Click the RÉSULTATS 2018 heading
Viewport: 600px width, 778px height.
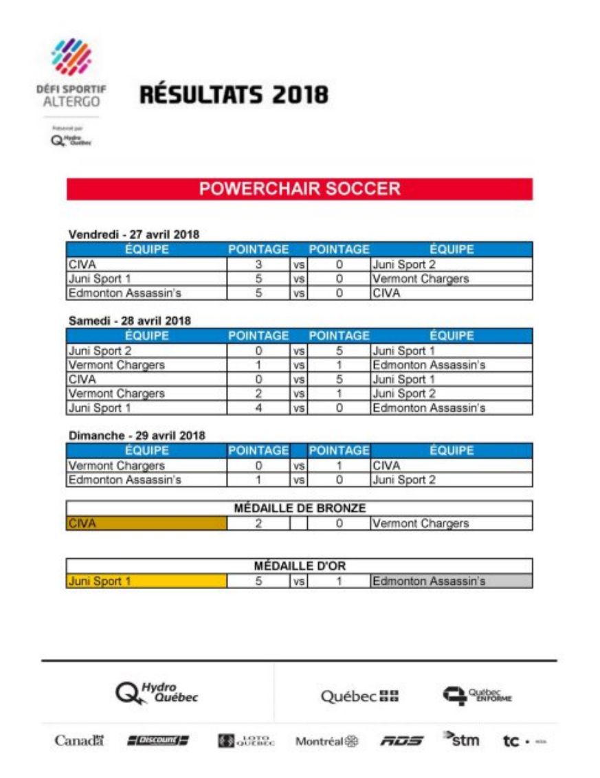234,95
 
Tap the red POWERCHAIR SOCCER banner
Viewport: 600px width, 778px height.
299,189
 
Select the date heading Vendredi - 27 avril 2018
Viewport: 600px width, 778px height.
134,234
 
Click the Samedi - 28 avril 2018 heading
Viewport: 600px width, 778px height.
130,320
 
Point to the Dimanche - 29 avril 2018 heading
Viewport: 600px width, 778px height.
137,435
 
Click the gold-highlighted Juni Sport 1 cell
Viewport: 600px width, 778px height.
146,581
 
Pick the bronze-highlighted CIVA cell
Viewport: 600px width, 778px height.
146,524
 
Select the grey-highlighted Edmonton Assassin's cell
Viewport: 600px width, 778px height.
451,581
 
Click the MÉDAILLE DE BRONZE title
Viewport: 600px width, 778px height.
299,509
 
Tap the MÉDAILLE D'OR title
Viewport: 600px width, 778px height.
299,566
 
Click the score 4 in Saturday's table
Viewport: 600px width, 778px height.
258,408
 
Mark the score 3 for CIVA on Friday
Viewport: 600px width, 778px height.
258,264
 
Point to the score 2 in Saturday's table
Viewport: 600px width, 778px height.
258,394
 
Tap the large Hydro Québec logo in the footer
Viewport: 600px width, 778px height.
157,694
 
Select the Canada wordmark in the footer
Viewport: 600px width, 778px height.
79,742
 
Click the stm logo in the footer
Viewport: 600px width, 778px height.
460,740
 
